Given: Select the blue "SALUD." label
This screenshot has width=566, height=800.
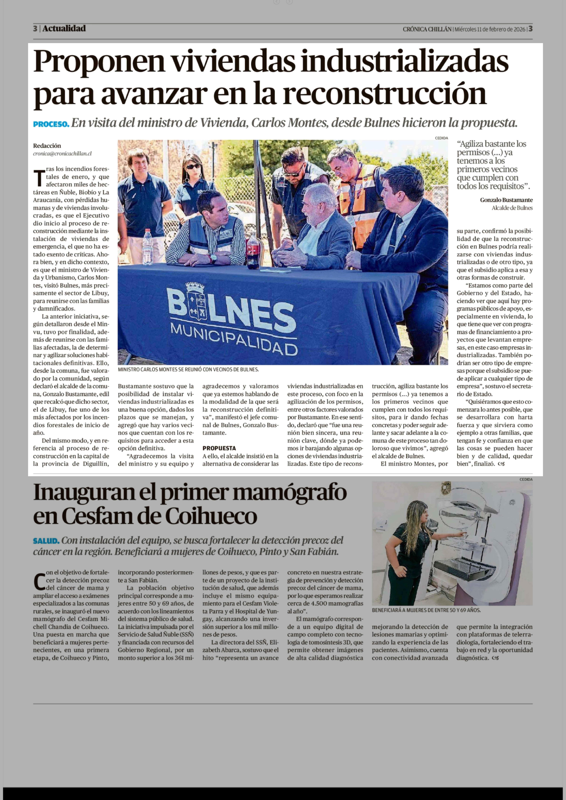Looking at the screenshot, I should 46,541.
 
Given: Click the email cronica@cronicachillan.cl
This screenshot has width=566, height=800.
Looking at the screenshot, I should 62,153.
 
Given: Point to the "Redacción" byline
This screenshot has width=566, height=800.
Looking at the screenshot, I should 47,146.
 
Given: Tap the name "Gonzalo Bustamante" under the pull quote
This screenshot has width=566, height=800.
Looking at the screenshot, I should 506,200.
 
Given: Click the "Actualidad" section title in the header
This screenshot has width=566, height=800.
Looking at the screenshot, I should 64,29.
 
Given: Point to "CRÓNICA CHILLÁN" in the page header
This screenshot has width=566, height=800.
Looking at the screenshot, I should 427,29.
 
